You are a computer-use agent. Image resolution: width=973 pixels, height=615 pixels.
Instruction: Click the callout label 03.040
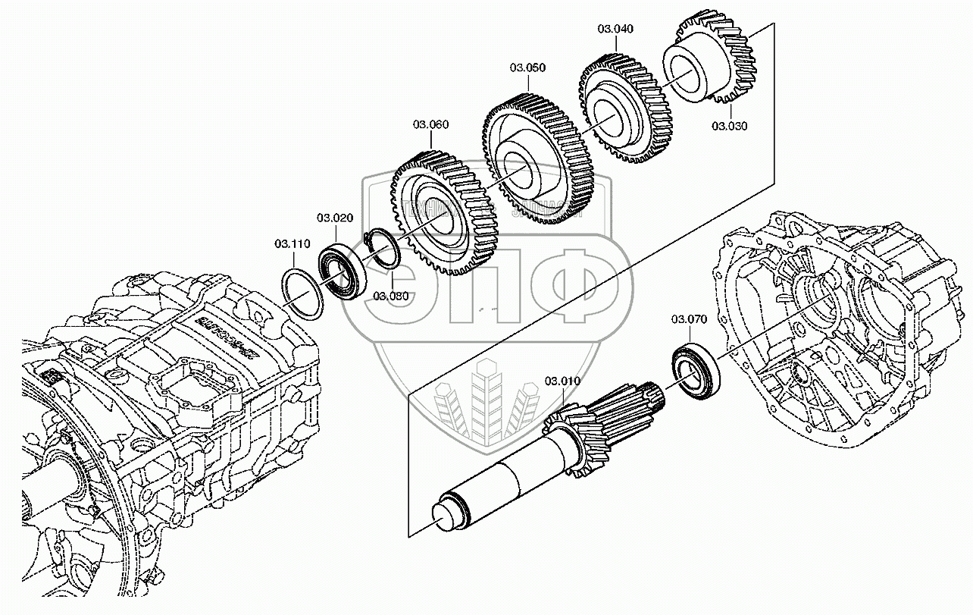tap(615, 29)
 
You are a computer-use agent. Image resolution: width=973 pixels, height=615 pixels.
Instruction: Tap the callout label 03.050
tap(527, 67)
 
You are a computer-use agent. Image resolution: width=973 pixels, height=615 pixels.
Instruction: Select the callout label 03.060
tap(430, 124)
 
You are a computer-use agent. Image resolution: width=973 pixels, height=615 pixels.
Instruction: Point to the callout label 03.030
tap(729, 126)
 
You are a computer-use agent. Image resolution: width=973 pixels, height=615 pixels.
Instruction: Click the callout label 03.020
tap(335, 218)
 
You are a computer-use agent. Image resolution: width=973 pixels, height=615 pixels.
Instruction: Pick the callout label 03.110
tap(293, 243)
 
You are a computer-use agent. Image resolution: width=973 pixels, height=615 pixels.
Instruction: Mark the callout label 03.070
tap(688, 319)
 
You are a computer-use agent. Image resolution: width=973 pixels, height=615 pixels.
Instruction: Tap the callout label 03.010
tap(562, 380)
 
